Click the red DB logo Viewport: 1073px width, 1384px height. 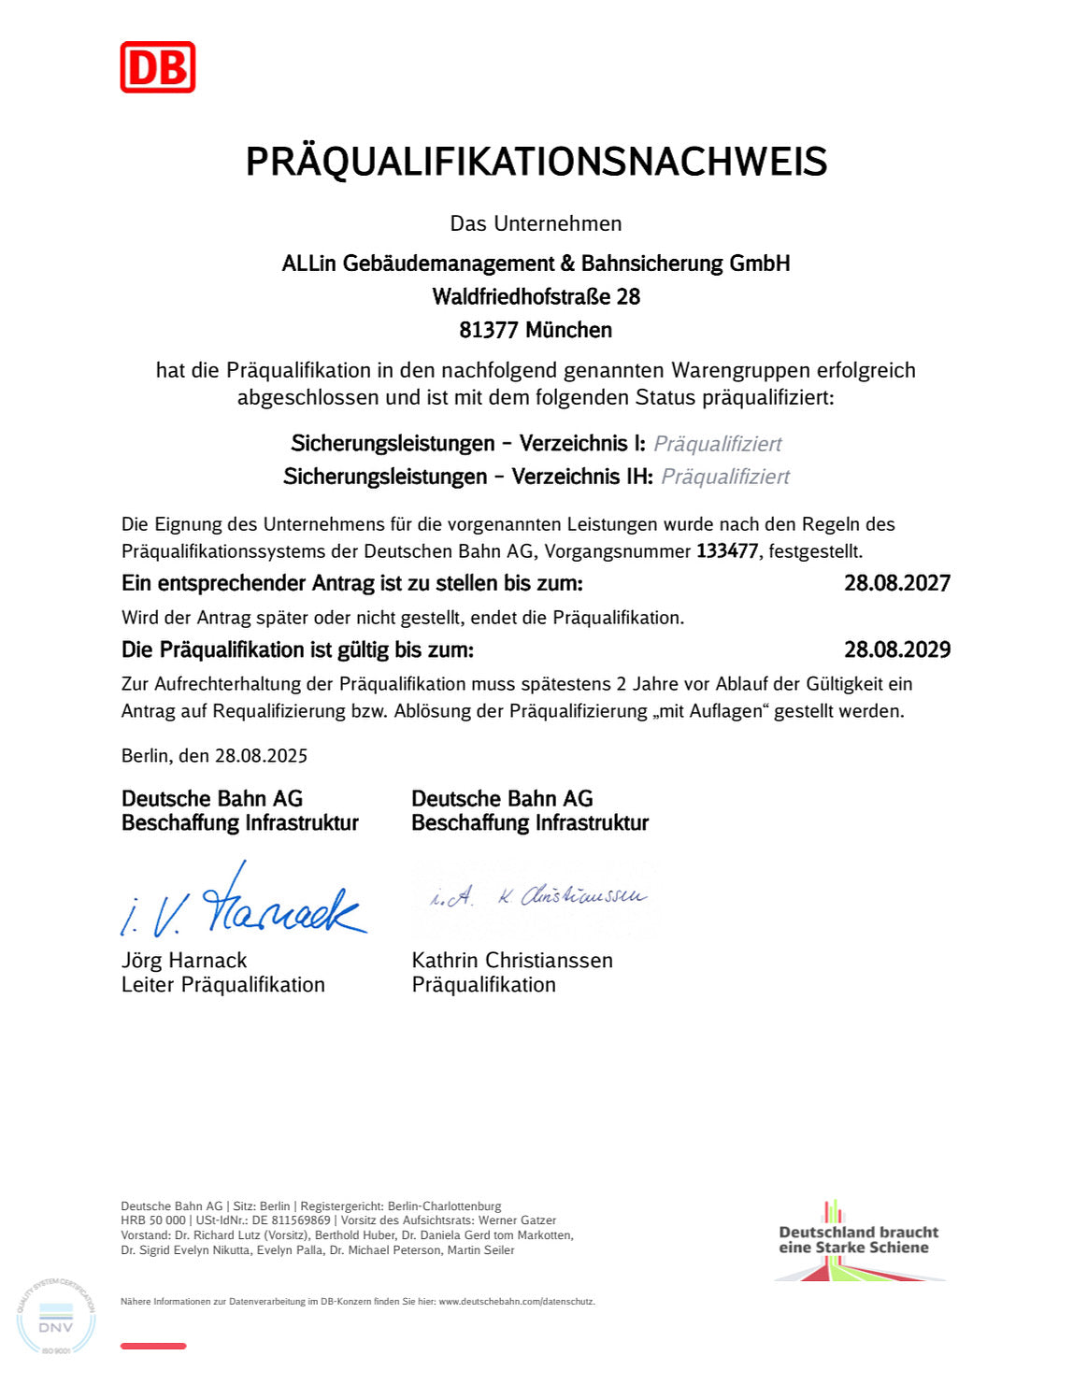pyautogui.click(x=157, y=67)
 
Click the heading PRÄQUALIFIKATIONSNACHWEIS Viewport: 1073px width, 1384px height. pyautogui.click(x=536, y=162)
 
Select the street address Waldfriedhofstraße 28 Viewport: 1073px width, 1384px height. pyautogui.click(x=536, y=297)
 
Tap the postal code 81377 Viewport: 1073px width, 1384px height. pyautogui.click(x=488, y=330)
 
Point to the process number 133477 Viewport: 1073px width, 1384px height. pyautogui.click(x=726, y=551)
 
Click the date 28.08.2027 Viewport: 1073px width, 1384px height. pyautogui.click(x=896, y=583)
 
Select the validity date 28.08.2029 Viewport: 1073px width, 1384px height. pyautogui.click(x=896, y=649)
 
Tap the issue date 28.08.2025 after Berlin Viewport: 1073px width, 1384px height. pyautogui.click(x=261, y=755)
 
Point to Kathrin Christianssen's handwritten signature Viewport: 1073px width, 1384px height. pyautogui.click(x=537, y=897)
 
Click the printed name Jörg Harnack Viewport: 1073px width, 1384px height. pyautogui.click(x=184, y=960)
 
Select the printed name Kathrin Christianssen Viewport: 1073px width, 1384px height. pyautogui.click(x=512, y=960)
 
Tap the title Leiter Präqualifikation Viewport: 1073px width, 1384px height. pyautogui.click(x=222, y=984)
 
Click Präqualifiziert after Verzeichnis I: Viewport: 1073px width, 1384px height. pyautogui.click(x=717, y=444)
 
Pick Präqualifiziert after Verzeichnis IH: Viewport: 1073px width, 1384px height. pyautogui.click(x=725, y=477)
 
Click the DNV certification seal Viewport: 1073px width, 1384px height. pyautogui.click(x=55, y=1317)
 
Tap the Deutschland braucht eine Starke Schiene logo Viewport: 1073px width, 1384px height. pyautogui.click(x=858, y=1241)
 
